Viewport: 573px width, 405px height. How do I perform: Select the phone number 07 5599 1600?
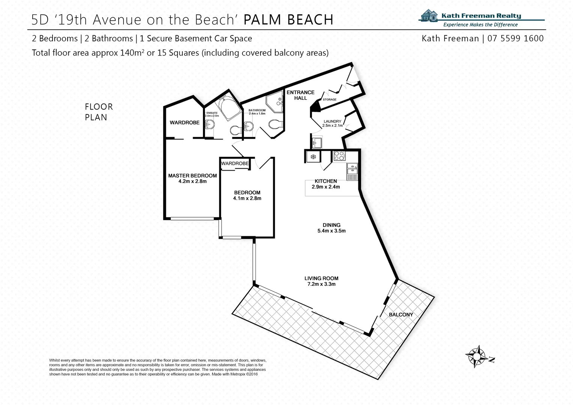click(515, 38)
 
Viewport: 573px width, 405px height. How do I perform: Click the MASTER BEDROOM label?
click(192, 175)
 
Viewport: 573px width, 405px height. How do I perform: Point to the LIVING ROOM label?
click(321, 278)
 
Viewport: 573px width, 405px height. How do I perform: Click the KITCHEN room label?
click(326, 181)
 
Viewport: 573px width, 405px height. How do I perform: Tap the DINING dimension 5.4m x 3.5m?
click(331, 231)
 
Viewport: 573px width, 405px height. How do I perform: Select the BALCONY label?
click(400, 315)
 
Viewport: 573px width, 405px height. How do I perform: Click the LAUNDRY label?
click(332, 121)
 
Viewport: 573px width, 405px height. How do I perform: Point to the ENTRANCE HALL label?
click(300, 95)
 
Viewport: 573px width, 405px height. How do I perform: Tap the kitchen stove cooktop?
click(339, 156)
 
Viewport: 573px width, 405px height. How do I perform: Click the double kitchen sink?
click(352, 169)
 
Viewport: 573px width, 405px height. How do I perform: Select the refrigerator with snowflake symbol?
click(312, 156)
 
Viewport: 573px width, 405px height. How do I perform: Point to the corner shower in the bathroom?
click(275, 102)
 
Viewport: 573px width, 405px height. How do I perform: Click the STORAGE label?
click(329, 100)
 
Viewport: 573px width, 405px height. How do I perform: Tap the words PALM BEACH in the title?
click(288, 19)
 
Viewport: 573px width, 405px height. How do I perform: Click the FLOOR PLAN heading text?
click(99, 112)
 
